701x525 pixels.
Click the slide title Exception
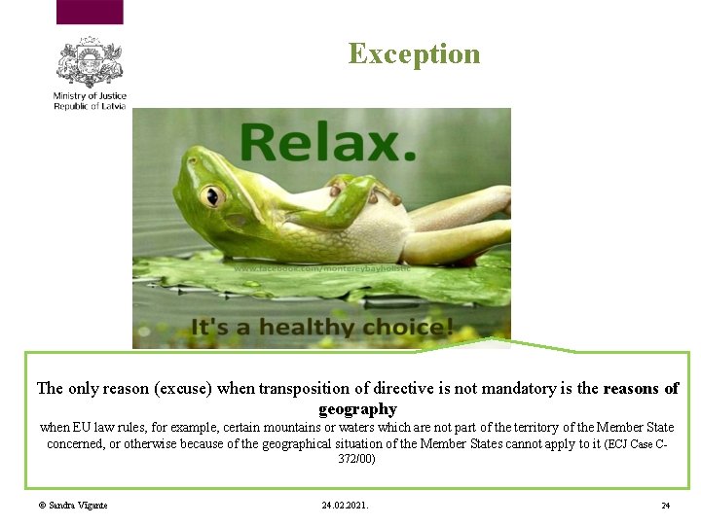click(x=414, y=53)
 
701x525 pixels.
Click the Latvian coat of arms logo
click(x=90, y=62)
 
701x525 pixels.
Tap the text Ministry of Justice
click(x=90, y=95)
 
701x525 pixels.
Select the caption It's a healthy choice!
click(x=321, y=327)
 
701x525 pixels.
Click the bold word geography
click(x=357, y=409)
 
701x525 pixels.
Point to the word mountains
click(x=300, y=428)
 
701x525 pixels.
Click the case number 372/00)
click(x=356, y=459)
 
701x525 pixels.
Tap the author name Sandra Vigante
click(x=73, y=506)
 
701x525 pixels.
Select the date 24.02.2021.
click(x=345, y=506)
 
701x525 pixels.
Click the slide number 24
click(x=665, y=506)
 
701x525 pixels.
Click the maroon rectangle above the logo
click(x=90, y=12)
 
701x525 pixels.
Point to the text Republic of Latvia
click(x=90, y=106)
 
